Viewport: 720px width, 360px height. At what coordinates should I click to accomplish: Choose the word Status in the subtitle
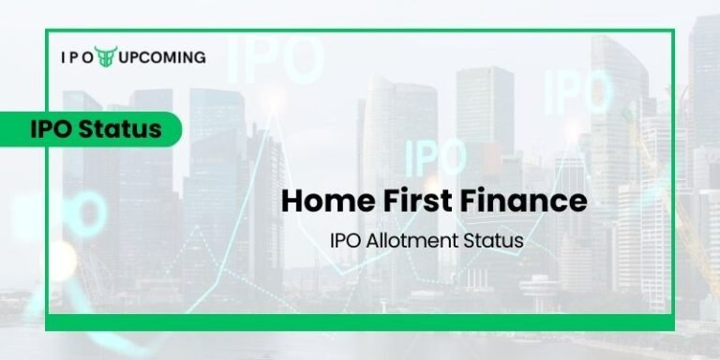click(494, 241)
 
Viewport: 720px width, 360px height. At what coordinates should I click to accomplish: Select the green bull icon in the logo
click(105, 57)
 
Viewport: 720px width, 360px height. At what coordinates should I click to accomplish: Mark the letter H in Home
click(292, 201)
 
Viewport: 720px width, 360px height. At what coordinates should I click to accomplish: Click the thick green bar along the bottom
click(360, 322)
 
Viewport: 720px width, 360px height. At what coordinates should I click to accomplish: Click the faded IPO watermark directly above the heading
click(435, 156)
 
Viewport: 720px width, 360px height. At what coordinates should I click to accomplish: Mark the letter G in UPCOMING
click(200, 57)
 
